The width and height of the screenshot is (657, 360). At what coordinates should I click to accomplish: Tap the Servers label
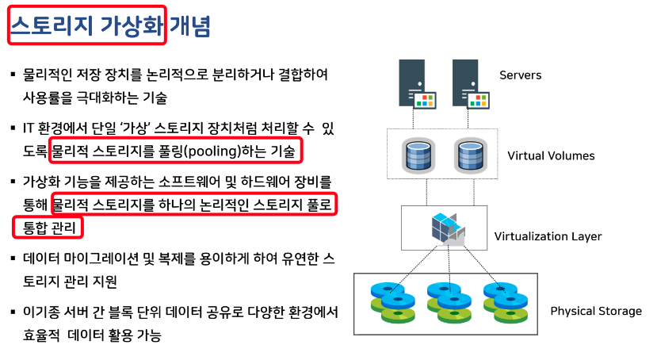tap(520, 75)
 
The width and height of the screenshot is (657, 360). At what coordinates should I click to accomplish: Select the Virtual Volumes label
tap(551, 155)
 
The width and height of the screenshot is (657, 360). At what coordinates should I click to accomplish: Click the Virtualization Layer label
tap(548, 236)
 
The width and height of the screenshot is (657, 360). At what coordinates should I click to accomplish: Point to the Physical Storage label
tap(596, 311)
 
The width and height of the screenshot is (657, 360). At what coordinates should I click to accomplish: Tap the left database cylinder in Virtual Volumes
tap(417, 155)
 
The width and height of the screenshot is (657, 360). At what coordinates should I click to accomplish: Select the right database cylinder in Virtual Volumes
tap(469, 155)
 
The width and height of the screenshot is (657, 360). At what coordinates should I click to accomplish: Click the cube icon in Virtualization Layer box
tap(447, 228)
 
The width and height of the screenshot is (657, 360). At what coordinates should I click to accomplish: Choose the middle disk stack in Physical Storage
tap(447, 301)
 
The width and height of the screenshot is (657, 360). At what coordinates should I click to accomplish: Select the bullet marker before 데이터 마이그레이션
tap(13, 259)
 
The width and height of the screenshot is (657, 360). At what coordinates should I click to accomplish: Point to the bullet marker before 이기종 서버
tap(13, 312)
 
